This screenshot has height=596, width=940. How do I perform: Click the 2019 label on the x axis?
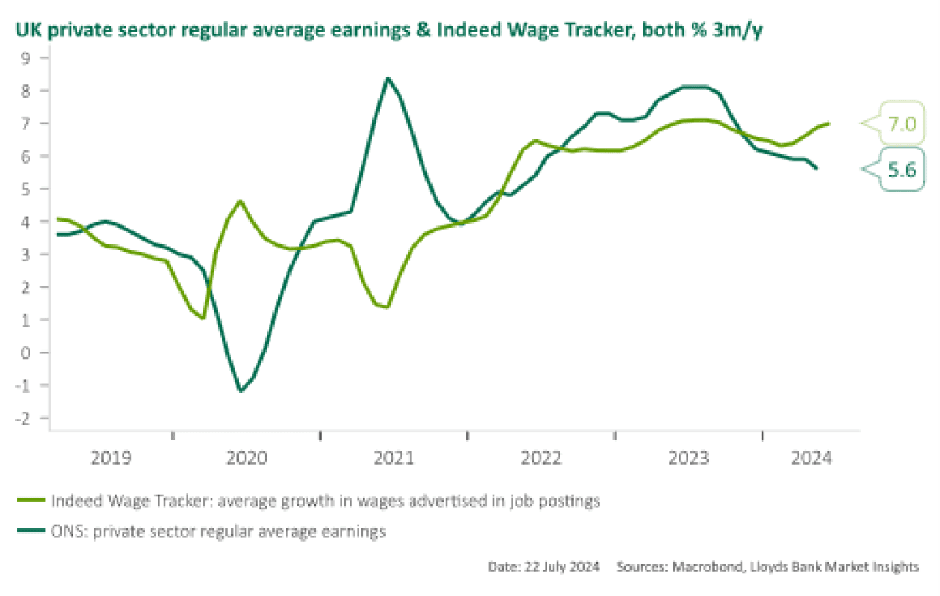(x=111, y=459)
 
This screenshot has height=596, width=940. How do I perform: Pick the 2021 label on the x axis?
(x=394, y=459)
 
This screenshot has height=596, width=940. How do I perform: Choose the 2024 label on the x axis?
(x=811, y=459)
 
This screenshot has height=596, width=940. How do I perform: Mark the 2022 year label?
(x=541, y=459)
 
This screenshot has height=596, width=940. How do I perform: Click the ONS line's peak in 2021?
(x=388, y=78)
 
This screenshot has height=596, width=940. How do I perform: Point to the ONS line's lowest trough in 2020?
(x=240, y=390)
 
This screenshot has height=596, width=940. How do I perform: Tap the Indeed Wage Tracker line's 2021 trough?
(x=386, y=307)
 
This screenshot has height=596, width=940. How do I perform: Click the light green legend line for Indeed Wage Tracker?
(x=31, y=501)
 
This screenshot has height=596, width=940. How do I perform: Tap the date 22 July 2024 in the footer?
(x=563, y=567)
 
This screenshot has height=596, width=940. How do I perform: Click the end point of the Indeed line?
(x=829, y=123)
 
